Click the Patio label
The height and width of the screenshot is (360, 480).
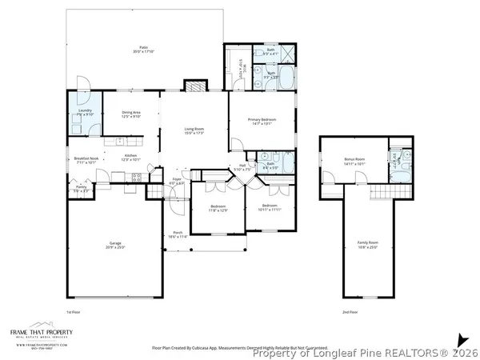pyautogui.click(x=144, y=50)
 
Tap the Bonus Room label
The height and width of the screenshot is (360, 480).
pyautogui.click(x=354, y=161)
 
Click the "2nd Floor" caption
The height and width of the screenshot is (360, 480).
pyautogui.click(x=350, y=310)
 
